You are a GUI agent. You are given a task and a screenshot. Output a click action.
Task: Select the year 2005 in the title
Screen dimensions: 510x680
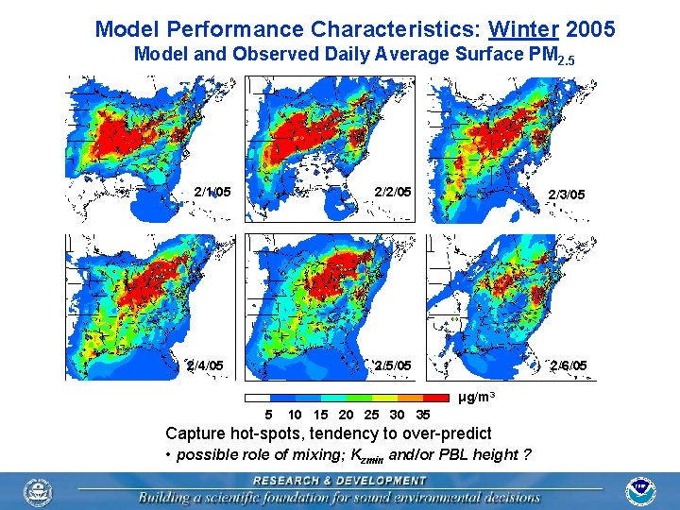(x=590, y=29)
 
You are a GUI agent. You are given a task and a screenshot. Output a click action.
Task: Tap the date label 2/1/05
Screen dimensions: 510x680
(x=212, y=192)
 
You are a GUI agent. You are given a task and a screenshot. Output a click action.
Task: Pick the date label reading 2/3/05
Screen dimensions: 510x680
(x=567, y=195)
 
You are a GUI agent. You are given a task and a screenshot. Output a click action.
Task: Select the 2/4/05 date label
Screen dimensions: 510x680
(x=205, y=365)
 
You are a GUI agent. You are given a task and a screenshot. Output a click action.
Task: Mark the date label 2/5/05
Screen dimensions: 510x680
(x=393, y=365)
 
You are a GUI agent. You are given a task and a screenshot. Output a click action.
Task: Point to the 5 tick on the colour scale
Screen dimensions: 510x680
(x=269, y=415)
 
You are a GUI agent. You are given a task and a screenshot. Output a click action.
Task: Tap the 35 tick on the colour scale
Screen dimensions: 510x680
(x=423, y=415)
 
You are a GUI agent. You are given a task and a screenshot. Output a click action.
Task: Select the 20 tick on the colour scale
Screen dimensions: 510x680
(x=346, y=415)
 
